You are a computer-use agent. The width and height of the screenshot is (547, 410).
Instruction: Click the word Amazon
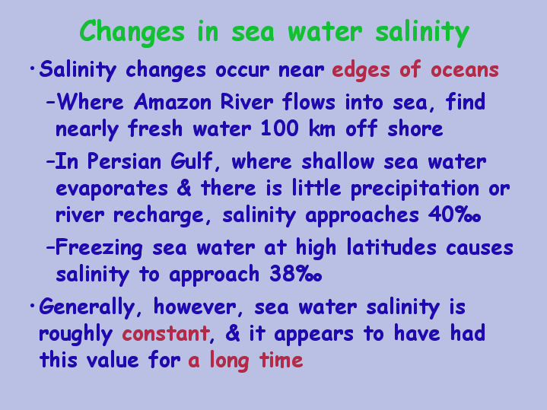173,102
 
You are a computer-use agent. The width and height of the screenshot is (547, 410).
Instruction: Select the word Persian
124,161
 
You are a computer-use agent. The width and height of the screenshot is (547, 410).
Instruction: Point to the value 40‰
454,215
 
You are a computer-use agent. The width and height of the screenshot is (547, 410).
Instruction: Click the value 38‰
295,274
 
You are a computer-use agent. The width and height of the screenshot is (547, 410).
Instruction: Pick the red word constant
166,333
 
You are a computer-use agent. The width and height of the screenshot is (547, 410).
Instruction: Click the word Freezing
99,249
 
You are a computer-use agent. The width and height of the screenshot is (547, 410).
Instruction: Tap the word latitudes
391,247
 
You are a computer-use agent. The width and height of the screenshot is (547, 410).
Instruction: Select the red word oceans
465,70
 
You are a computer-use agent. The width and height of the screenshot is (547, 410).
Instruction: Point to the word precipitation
415,189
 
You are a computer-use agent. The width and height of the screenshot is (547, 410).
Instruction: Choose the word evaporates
112,189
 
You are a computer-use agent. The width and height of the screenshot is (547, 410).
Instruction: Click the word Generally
87,308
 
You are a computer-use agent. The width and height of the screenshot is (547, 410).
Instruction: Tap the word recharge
159,215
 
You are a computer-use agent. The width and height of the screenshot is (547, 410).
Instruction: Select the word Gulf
192,161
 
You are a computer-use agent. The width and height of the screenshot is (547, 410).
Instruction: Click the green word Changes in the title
132,32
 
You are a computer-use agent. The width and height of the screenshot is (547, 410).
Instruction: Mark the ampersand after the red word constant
233,333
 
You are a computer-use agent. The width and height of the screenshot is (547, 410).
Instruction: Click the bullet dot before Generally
33,306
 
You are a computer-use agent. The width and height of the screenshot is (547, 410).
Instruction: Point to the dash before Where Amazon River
50,103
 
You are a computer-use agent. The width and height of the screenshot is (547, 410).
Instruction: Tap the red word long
229,361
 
